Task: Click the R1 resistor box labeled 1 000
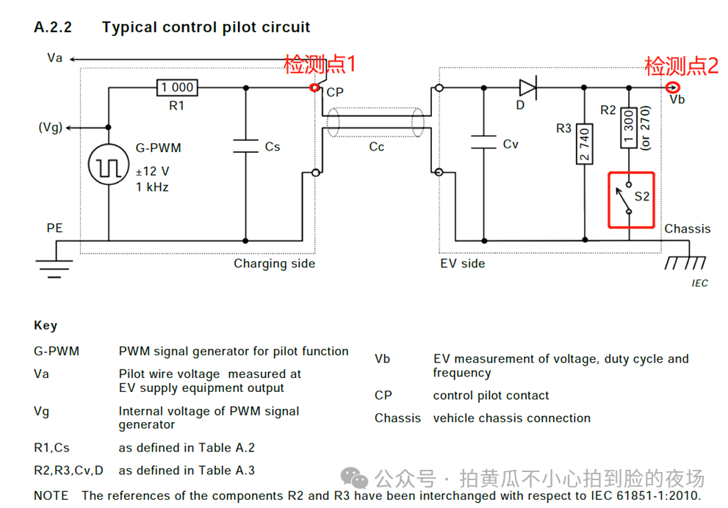177,87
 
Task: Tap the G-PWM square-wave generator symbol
109,164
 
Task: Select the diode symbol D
528,87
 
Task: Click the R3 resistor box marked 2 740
584,144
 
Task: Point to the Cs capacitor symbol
245,145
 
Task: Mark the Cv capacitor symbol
484,142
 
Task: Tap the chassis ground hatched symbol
685,263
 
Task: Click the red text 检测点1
320,64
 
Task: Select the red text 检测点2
682,66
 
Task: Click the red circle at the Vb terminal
673,87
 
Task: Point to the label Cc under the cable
377,147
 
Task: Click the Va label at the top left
55,58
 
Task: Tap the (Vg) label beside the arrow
51,128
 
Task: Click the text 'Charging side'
275,264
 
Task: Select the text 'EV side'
462,264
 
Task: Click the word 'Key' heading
46,326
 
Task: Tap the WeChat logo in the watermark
354,478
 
